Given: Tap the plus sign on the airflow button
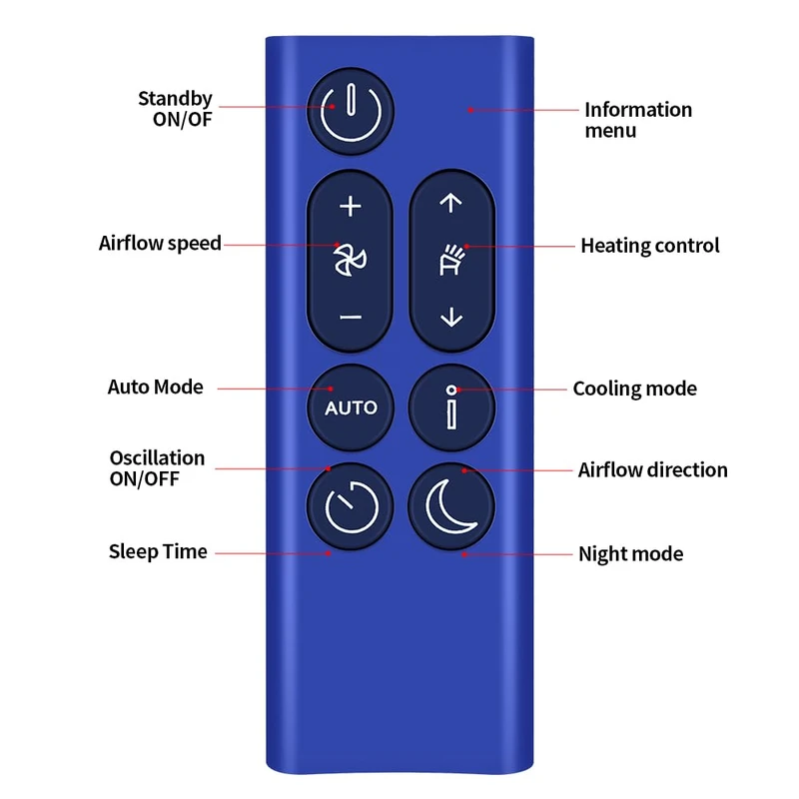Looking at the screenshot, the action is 350,207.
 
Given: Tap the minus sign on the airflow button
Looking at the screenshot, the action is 350,317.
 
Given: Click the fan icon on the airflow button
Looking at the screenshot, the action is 350,261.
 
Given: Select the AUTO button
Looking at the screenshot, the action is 351,407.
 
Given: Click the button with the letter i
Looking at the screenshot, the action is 452,407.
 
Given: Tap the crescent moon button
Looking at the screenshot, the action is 452,507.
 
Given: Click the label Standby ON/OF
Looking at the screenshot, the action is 175,109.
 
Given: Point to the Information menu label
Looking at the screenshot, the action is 637,120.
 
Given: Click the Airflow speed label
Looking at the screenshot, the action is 160,243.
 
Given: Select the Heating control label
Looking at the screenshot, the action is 650,246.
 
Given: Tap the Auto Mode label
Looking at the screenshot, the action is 155,387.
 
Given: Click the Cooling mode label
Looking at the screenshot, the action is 634,389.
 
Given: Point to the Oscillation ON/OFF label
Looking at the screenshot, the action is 157,467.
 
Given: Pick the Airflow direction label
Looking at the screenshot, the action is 652,469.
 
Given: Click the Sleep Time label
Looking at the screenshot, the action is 158,551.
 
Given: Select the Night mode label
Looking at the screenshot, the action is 631,553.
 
